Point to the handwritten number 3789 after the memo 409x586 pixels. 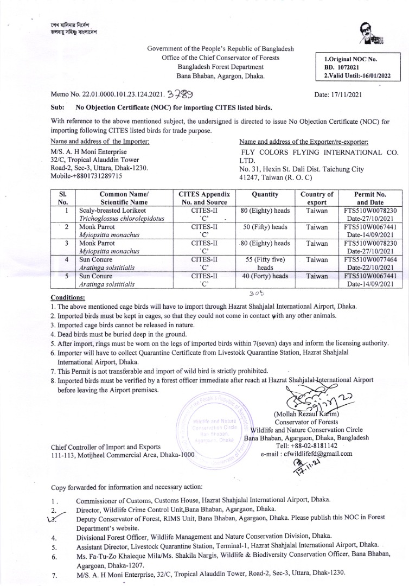(180, 94)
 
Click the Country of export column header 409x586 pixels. (316, 198)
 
